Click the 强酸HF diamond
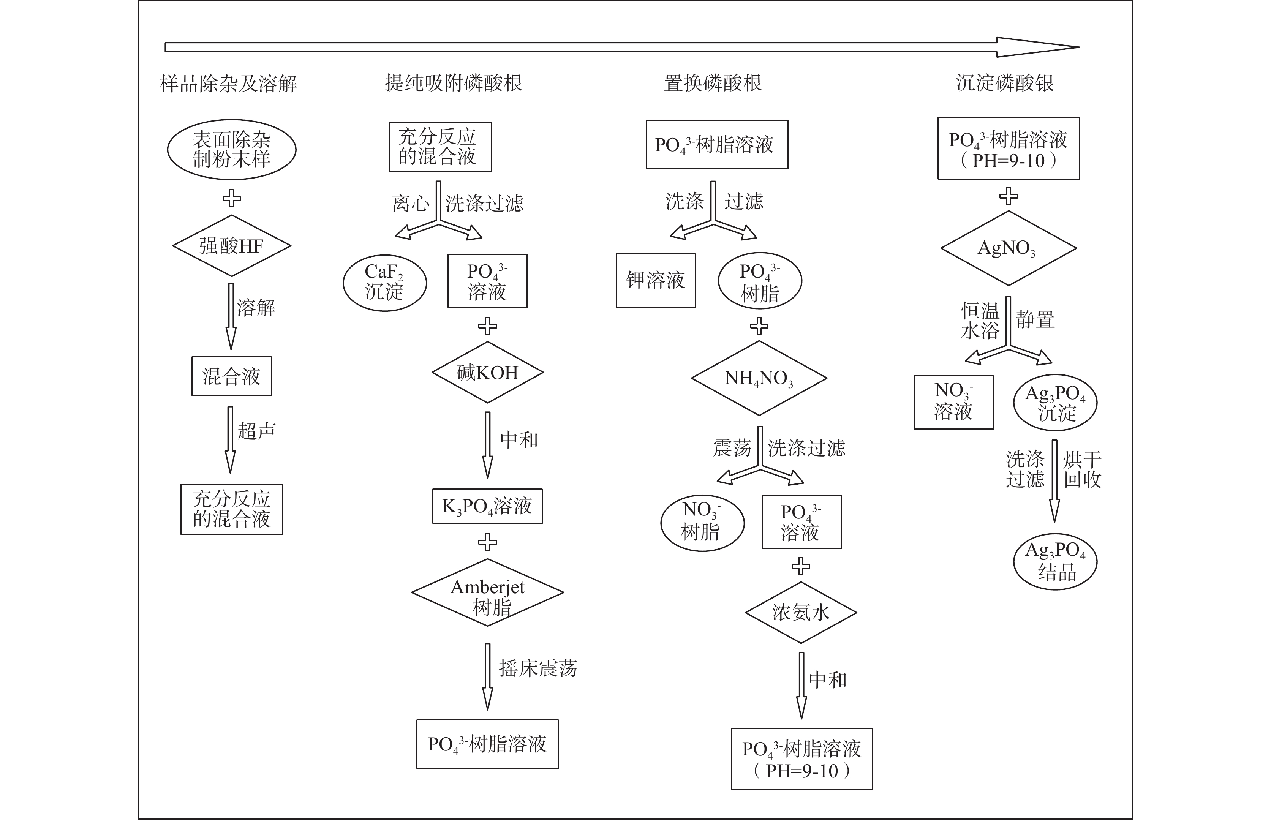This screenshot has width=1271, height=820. tap(232, 246)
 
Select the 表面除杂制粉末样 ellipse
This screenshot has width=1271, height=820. tap(232, 150)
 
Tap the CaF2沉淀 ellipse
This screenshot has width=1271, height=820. tap(384, 283)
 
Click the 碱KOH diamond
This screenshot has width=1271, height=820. tap(487, 372)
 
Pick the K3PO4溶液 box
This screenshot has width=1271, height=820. tap(487, 506)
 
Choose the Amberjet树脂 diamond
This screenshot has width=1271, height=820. tap(487, 592)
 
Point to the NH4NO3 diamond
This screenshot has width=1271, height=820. tap(759, 378)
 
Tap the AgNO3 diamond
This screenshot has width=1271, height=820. tap(1008, 248)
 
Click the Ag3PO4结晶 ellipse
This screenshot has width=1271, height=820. tap(1055, 562)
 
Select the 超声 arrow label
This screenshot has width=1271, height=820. tap(257, 431)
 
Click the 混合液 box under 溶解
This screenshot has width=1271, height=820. tap(232, 376)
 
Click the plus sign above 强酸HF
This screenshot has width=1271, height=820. tap(232, 199)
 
